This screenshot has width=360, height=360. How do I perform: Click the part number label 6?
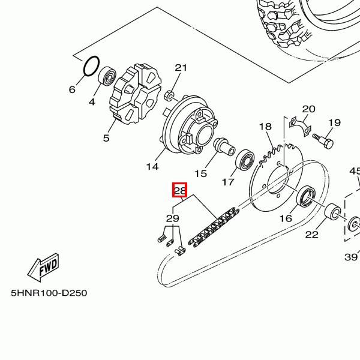(72, 90)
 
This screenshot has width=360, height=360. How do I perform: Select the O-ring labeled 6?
(91, 66)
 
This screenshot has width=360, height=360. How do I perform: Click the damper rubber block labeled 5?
(135, 94)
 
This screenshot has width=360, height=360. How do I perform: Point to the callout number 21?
(181, 68)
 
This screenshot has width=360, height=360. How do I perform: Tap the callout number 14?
(152, 166)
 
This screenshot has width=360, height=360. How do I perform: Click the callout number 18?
(265, 127)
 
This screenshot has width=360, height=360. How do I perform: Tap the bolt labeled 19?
(324, 140)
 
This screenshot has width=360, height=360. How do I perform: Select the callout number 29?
(173, 218)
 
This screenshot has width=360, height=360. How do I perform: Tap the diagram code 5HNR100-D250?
(49, 293)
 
